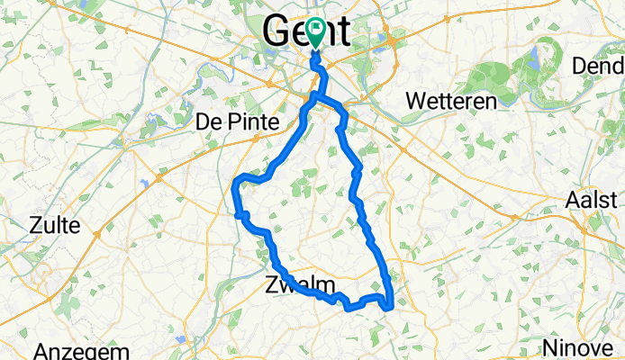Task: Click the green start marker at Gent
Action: pyautogui.click(x=316, y=31)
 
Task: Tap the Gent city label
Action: pyautogui.click(x=305, y=32)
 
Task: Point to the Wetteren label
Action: pyautogui.click(x=451, y=102)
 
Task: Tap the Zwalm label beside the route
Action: pyautogui.click(x=299, y=285)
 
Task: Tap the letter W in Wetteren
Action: pyautogui.click(x=416, y=102)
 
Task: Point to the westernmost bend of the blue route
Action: pyautogui.click(x=235, y=186)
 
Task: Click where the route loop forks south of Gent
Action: pyautogui.click(x=314, y=94)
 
